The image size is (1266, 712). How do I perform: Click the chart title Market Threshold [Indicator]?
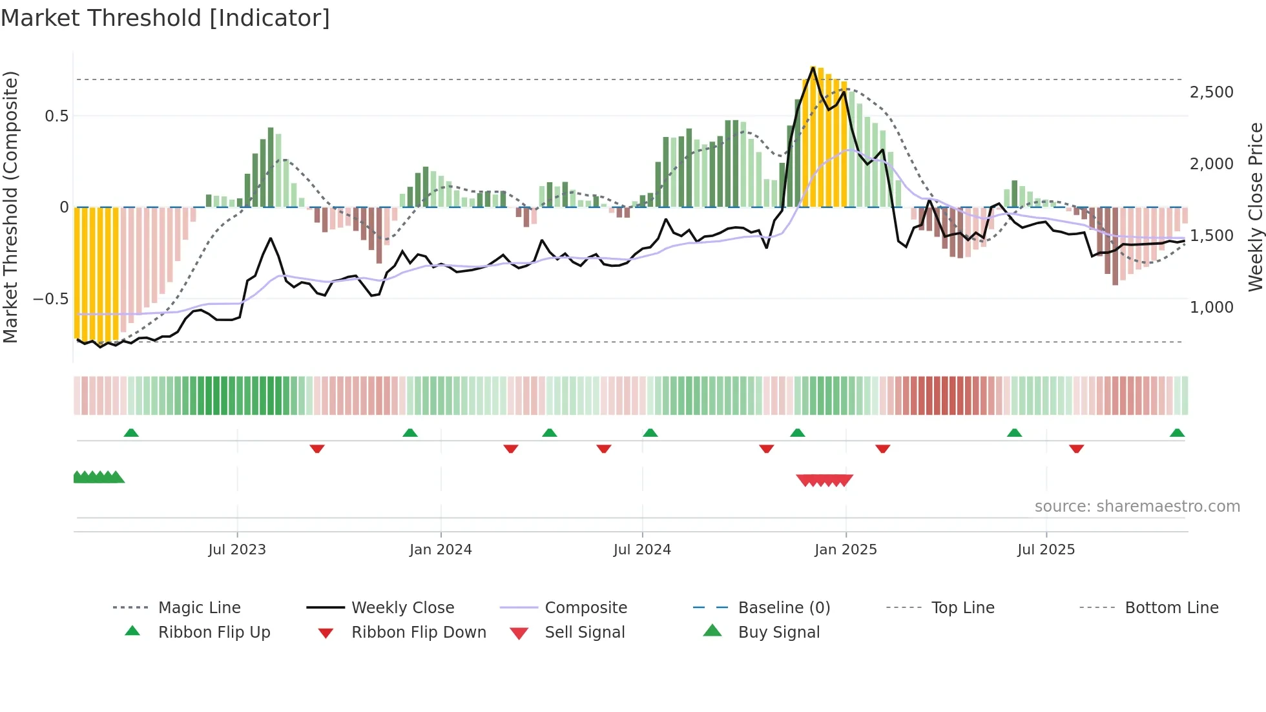click(x=165, y=18)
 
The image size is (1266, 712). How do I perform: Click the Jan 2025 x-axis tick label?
click(x=846, y=549)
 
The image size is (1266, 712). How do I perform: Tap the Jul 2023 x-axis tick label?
click(x=237, y=549)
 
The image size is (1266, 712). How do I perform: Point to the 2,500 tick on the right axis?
click(x=1211, y=92)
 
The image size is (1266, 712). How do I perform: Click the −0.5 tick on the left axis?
click(x=50, y=299)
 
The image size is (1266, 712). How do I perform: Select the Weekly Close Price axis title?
click(x=1255, y=207)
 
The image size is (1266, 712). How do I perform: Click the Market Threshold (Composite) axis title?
click(x=10, y=207)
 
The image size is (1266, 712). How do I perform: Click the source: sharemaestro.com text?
click(x=1137, y=506)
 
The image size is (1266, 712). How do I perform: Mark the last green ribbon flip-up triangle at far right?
click(x=1177, y=433)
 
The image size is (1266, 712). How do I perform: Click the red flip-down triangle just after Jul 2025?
click(x=1076, y=448)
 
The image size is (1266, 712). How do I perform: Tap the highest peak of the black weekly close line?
click(x=813, y=67)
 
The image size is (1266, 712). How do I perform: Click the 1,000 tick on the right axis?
click(x=1211, y=308)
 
